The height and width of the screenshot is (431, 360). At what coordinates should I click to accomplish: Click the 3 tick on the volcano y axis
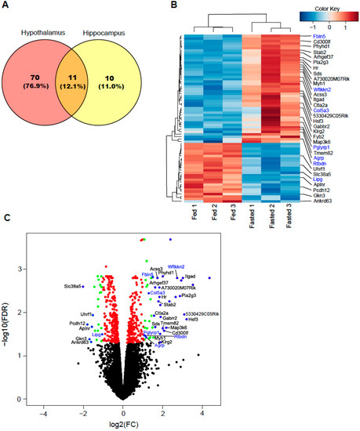pos(21,268)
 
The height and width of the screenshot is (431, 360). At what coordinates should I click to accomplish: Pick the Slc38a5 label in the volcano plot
pos(75,286)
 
